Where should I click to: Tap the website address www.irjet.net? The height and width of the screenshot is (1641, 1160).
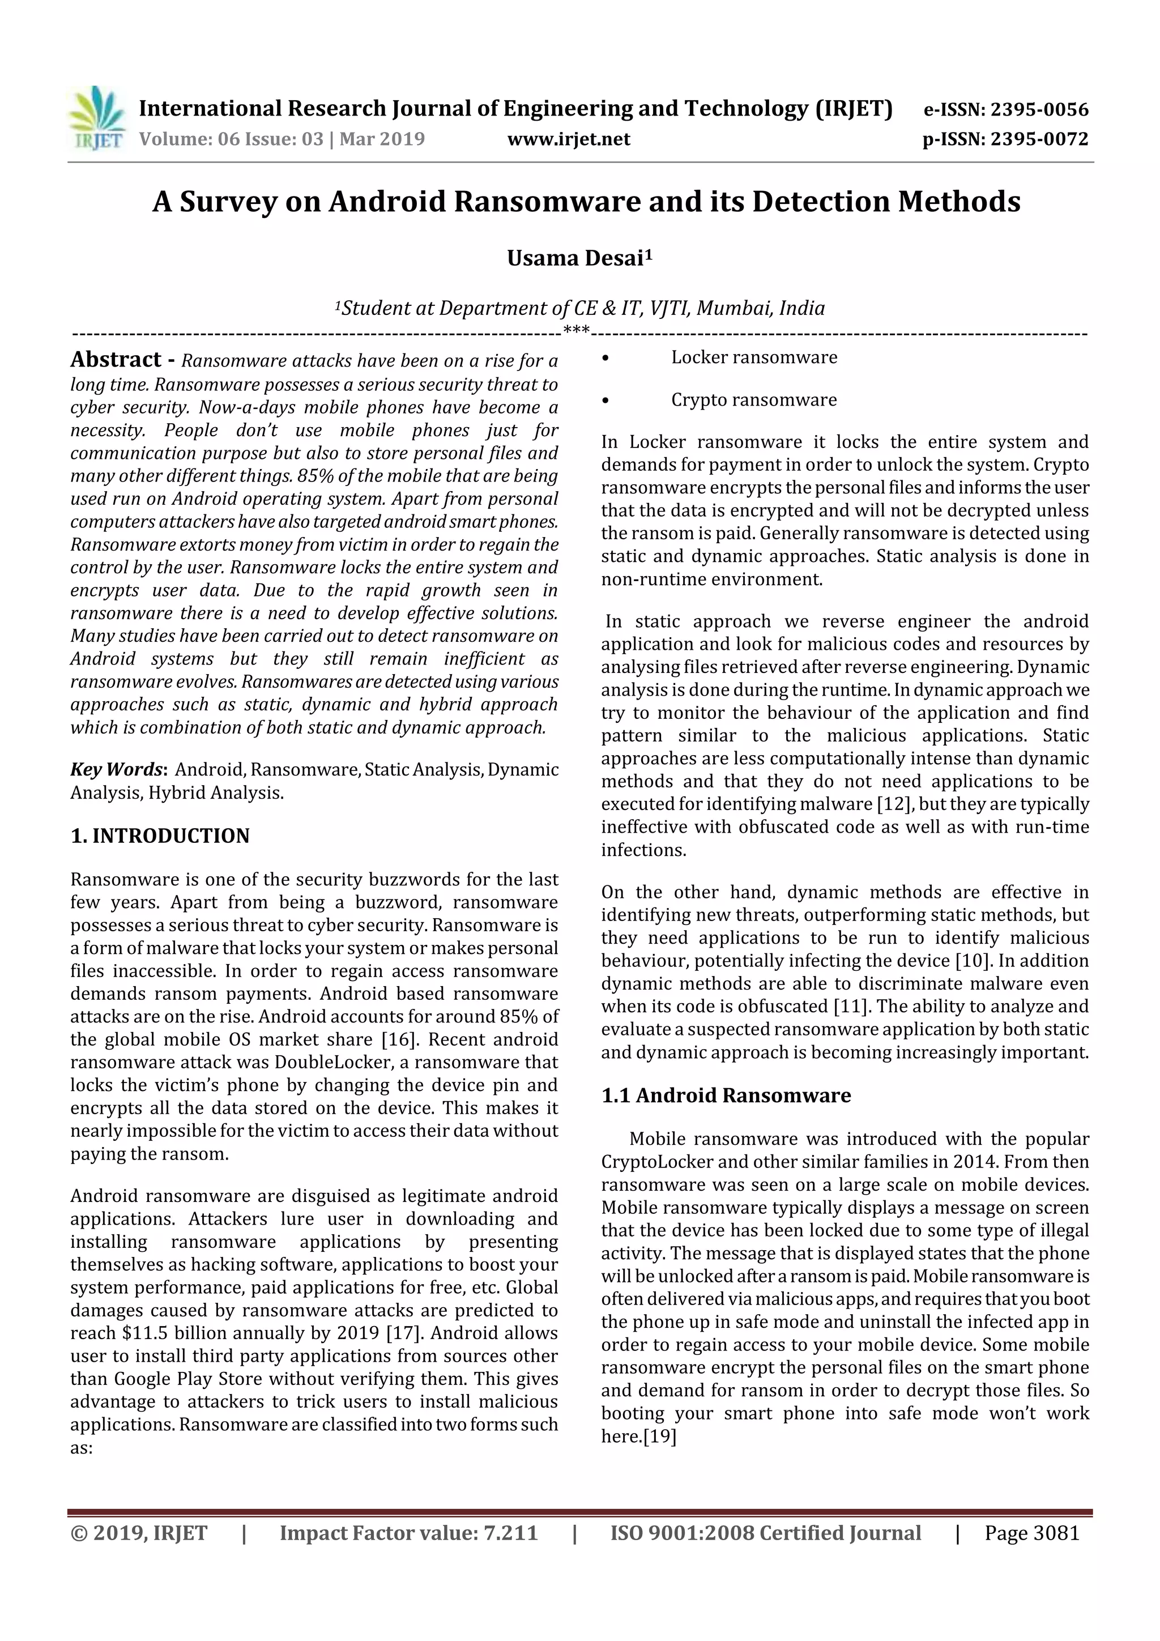[x=568, y=139]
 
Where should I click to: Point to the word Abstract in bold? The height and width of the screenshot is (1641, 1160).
[x=116, y=360]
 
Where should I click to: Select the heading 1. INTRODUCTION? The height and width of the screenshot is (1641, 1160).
[x=160, y=836]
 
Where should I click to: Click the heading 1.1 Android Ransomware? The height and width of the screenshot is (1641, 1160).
[x=726, y=1096]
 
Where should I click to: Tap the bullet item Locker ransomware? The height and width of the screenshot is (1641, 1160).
[x=753, y=357]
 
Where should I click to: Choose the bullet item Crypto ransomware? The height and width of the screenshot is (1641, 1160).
[x=753, y=399]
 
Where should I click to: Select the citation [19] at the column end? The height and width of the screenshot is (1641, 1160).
[x=660, y=1436]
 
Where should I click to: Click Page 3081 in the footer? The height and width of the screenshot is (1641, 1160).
[x=1031, y=1533]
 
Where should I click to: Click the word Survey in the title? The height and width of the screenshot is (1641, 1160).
[x=227, y=202]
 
